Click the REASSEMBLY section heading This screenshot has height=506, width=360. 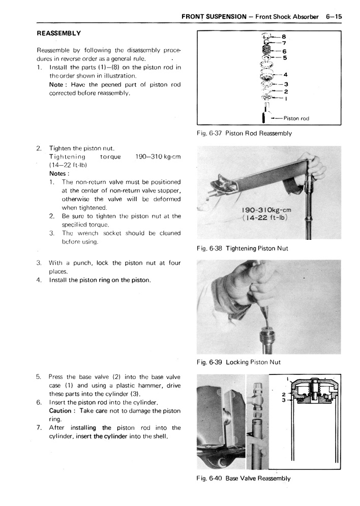[59, 33]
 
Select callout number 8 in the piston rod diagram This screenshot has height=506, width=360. [284, 37]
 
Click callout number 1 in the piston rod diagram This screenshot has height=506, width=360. [286, 99]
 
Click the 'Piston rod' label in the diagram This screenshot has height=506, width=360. [296, 118]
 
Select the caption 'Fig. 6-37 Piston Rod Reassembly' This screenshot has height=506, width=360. [244, 133]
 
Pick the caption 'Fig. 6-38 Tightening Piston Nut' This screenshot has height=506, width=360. [242, 248]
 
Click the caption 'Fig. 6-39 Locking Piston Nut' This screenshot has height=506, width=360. [238, 362]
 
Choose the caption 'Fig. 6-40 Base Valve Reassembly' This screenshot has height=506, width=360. [243, 479]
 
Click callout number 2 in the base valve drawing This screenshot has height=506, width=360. [283, 393]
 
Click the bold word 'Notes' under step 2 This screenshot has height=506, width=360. [58, 173]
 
